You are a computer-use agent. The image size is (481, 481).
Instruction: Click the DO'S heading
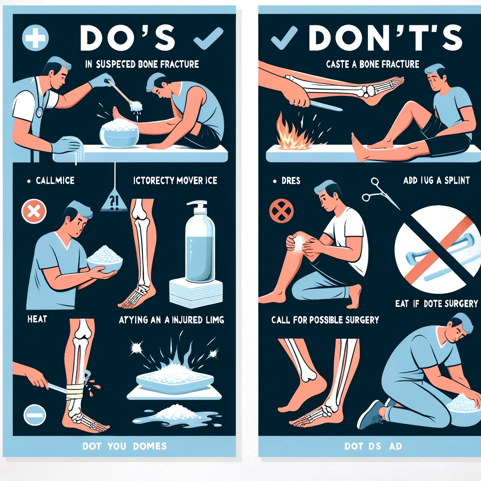click(x=128, y=37)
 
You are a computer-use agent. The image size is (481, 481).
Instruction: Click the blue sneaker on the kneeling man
click(x=371, y=414)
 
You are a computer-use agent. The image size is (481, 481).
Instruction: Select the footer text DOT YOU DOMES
click(x=124, y=445)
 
